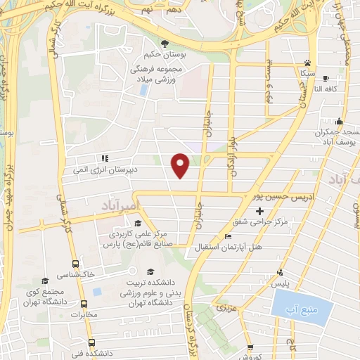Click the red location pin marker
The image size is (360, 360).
click(x=181, y=165)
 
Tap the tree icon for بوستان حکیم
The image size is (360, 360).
click(x=165, y=44)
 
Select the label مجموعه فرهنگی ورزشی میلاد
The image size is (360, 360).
click(x=157, y=75)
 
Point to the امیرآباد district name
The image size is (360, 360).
click(x=107, y=205)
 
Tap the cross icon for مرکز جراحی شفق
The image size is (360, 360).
click(x=260, y=211)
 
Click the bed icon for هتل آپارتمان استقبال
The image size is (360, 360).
click(x=227, y=236)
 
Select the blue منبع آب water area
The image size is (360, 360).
click(x=301, y=307)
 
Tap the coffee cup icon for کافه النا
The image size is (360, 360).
click(x=326, y=78)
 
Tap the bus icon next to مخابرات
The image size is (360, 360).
click(x=85, y=304)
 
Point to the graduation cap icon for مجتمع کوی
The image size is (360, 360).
click(x=45, y=281)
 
